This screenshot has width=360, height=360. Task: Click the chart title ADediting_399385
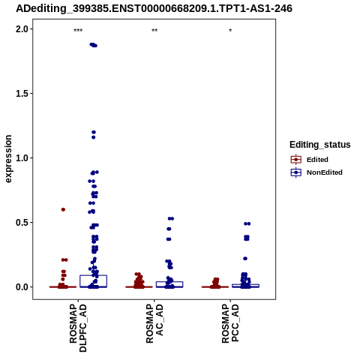(x=154, y=8)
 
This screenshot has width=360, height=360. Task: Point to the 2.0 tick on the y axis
(x=22, y=29)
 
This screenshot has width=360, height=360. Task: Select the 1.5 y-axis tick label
(x=22, y=94)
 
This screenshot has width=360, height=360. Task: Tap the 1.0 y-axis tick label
(x=22, y=158)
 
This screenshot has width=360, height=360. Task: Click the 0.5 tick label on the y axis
(x=22, y=223)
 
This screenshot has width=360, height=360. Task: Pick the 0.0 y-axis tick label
(x=22, y=287)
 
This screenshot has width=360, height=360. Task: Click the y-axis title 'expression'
(x=8, y=159)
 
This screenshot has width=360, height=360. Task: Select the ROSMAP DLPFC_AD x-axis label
(x=78, y=328)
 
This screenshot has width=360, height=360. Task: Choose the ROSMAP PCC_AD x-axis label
(x=230, y=324)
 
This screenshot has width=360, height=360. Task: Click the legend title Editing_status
(x=320, y=145)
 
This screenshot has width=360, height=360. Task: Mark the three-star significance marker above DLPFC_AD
(x=78, y=31)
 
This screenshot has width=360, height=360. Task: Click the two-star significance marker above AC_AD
(x=154, y=31)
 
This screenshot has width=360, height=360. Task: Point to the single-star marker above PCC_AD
(x=230, y=31)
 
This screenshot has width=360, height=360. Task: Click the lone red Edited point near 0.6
(x=63, y=209)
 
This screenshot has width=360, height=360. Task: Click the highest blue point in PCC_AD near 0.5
(x=247, y=223)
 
